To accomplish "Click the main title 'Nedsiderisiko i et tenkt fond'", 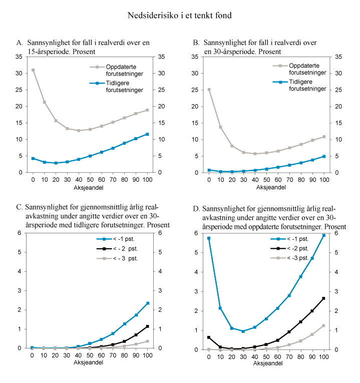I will click(180, 16).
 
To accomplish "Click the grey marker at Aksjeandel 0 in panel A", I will click(33, 70).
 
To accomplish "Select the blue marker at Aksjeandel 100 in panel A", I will click(147, 134).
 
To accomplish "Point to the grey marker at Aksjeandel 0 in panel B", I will click(209, 90).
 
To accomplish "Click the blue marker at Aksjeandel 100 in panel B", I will click(323, 156).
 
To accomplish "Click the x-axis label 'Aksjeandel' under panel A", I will click(90, 187).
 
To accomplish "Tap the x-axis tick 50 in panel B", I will click(266, 179).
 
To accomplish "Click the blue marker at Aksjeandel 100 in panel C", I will click(147, 303).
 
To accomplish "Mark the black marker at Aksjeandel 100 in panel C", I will click(147, 326).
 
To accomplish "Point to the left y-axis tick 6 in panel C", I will click(20, 233).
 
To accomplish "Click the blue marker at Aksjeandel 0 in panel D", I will click(209, 238).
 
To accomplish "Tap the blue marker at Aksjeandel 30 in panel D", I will click(243, 331).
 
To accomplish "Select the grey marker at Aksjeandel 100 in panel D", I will click(323, 325).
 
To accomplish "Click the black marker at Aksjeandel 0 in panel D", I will click(209, 337).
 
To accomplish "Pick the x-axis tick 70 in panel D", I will click(289, 355).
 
